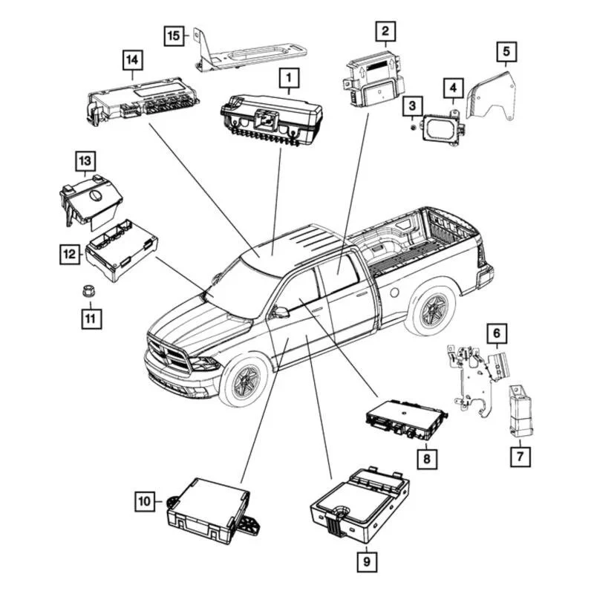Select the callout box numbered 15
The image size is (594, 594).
click(173, 35)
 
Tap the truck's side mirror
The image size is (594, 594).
click(280, 312)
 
